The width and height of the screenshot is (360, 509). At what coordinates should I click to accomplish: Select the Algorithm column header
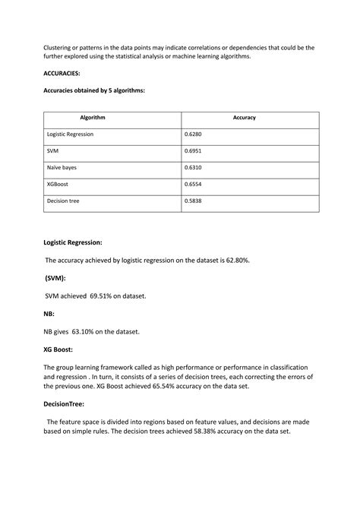[x=93, y=118]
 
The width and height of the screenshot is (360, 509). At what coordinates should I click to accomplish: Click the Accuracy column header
[x=245, y=118]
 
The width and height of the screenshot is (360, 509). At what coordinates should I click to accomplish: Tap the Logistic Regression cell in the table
[x=70, y=134]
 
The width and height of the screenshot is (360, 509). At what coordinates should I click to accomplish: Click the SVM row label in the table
[x=54, y=150]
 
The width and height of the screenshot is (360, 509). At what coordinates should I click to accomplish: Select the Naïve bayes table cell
[x=62, y=167]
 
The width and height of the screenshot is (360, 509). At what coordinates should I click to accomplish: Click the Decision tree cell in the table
[x=63, y=201]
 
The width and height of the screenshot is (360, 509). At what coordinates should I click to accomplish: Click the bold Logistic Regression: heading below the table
[x=73, y=243]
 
